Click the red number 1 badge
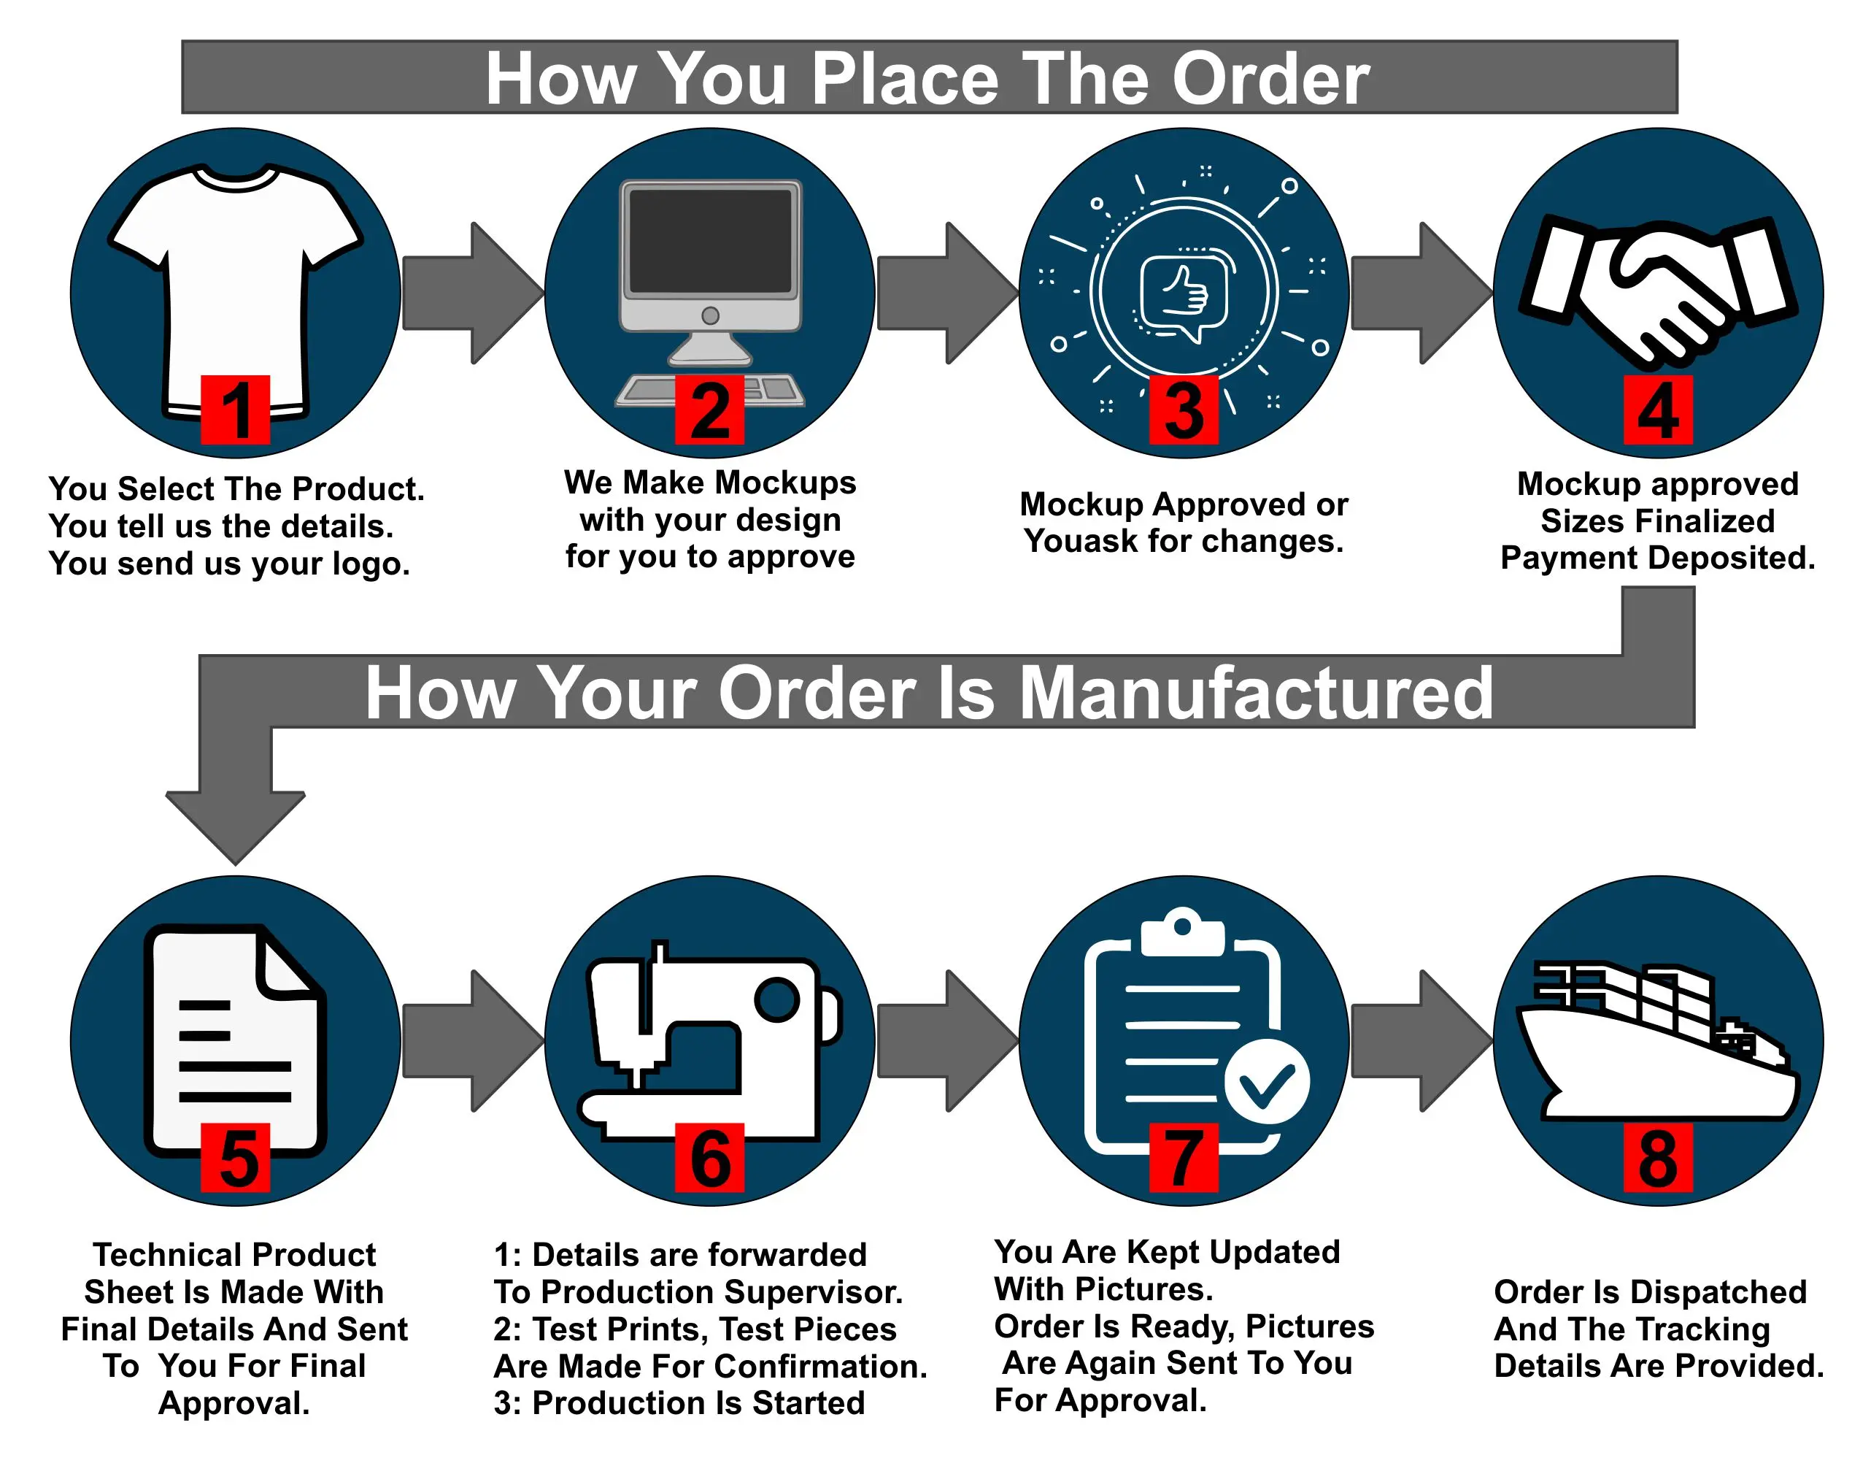pyautogui.click(x=236, y=410)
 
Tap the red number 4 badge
pyautogui.click(x=1658, y=410)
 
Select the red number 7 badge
pyautogui.click(x=1183, y=1157)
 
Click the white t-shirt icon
pyautogui.click(x=236, y=274)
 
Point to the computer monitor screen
pyautogui.click(x=710, y=241)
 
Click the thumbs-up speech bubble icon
pyautogui.click(x=1184, y=296)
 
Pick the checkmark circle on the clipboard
pyautogui.click(x=1266, y=1082)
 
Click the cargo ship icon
pyautogui.click(x=1658, y=1045)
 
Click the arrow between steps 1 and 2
pyautogui.click(x=473, y=293)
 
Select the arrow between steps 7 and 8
pyautogui.click(x=1420, y=1040)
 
